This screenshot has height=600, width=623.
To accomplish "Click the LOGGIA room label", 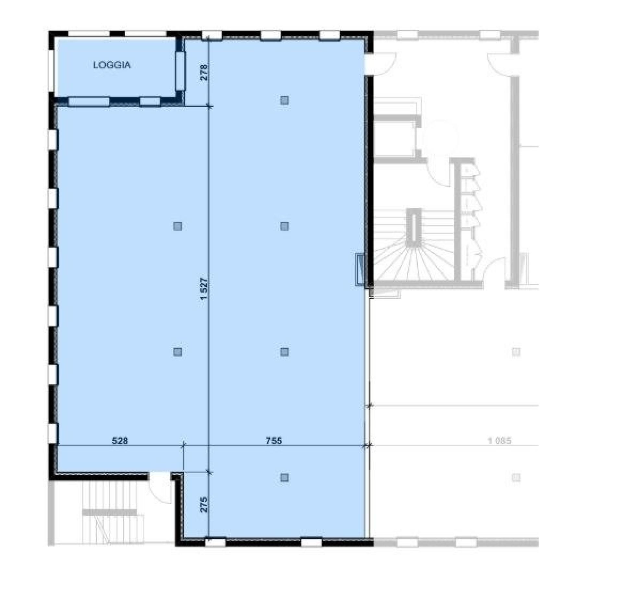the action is (x=112, y=65).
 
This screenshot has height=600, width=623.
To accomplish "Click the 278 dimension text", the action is (x=204, y=72).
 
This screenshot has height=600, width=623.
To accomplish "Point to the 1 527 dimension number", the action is (x=204, y=289).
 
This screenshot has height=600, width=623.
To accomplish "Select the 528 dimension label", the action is (x=120, y=441).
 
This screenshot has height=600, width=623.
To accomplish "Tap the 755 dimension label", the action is (x=274, y=441).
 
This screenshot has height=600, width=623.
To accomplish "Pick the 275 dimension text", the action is (x=204, y=505).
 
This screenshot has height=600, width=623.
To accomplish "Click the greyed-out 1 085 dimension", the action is (x=499, y=441).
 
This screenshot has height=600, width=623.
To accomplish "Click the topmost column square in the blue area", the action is (x=284, y=100).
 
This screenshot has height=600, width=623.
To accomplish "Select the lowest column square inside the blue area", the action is (x=284, y=477).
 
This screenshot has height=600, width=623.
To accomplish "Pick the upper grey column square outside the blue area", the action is (x=516, y=352).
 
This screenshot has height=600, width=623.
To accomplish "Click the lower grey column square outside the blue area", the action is (x=516, y=477).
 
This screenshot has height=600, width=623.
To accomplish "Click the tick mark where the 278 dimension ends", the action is (x=209, y=106).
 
